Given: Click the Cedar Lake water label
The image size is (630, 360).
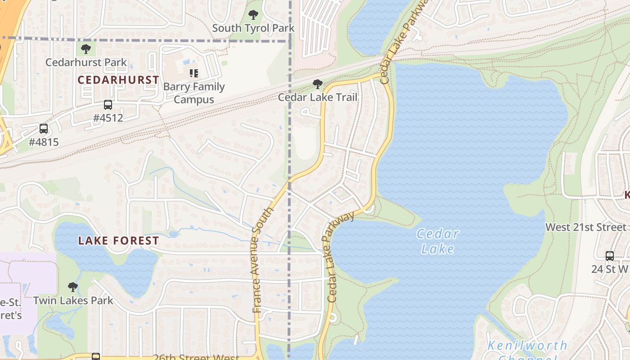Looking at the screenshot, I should pyautogui.click(x=437, y=241).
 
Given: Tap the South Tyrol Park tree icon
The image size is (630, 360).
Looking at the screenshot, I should pyautogui.click(x=253, y=15).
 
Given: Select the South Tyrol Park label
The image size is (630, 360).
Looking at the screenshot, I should pyautogui.click(x=253, y=28).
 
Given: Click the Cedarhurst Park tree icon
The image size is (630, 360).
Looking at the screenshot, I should pyautogui.click(x=86, y=49).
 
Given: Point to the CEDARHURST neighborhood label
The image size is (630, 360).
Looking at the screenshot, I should pyautogui.click(x=118, y=80).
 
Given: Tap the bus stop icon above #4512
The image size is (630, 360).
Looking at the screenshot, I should pyautogui.click(x=108, y=105).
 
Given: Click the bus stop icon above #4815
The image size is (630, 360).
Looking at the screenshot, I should pyautogui.click(x=44, y=129).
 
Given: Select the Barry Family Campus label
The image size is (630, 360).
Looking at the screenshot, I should pyautogui.click(x=194, y=93).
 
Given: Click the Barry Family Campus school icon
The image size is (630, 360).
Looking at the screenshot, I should pyautogui.click(x=194, y=73).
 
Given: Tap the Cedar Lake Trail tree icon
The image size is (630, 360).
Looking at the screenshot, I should pyautogui.click(x=318, y=84).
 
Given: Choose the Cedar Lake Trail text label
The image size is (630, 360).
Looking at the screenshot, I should pyautogui.click(x=318, y=97).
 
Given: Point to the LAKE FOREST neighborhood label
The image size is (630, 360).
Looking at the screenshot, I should pyautogui.click(x=118, y=241).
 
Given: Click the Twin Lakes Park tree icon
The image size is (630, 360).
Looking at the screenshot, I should pyautogui.click(x=73, y=287).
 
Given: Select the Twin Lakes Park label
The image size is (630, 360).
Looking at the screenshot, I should pyautogui.click(x=73, y=300).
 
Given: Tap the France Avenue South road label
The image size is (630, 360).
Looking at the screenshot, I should pyautogui.click(x=262, y=260).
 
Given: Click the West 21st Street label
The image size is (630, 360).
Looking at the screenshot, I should pyautogui.click(x=586, y=227).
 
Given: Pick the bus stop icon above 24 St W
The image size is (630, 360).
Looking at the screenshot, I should pyautogui.click(x=610, y=256).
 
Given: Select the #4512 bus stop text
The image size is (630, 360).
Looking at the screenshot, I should pyautogui.click(x=108, y=118).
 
